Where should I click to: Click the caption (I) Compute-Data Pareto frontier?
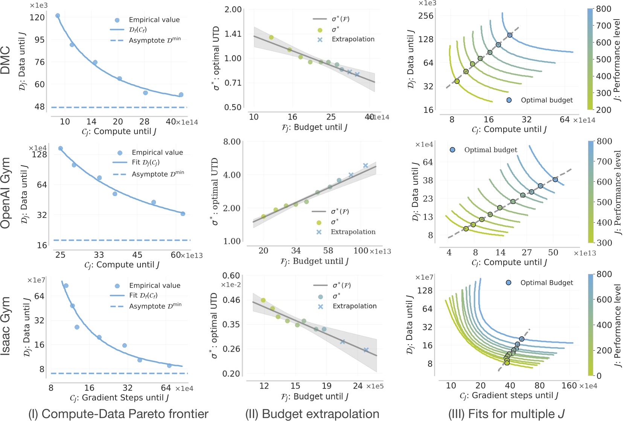[118, 414]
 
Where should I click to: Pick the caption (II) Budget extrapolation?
[312, 414]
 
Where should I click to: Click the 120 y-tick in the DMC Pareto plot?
[37, 17]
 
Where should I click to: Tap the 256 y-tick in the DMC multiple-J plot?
[426, 16]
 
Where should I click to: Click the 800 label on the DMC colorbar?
[603, 9]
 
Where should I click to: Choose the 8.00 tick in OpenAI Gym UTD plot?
[232, 142]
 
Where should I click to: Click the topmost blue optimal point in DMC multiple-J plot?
[510, 35]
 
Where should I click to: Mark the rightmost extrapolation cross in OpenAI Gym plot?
[366, 166]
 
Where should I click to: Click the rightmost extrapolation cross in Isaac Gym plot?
[366, 350]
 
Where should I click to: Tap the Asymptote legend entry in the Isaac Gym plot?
[155, 306]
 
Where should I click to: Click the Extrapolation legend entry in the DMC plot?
[353, 39]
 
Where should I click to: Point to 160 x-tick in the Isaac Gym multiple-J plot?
[569, 386]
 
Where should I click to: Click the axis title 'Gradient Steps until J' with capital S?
[119, 398]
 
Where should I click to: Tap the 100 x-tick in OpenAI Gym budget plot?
[361, 251]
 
